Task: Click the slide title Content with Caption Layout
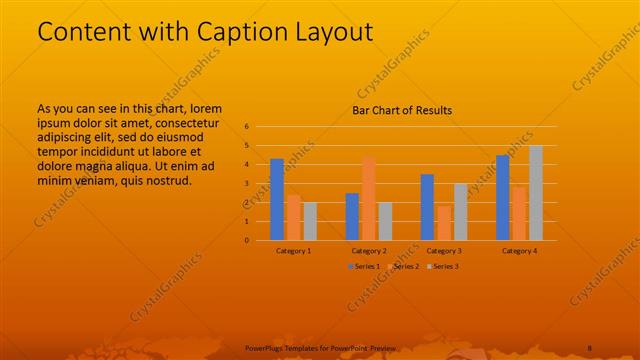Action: tap(205, 32)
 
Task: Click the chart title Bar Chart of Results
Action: tap(402, 110)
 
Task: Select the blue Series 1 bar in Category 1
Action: tap(277, 199)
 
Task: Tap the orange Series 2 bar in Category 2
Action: tap(368, 198)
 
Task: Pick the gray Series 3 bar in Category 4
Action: tap(535, 193)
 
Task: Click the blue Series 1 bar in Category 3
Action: tap(427, 207)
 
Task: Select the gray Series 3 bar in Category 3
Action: tap(460, 211)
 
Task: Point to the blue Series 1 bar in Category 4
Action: tap(503, 197)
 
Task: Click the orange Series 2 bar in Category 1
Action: tap(293, 217)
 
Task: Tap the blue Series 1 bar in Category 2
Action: tap(352, 216)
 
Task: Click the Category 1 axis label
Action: tap(293, 250)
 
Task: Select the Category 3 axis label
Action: tap(444, 250)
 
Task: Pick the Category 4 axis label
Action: tap(519, 250)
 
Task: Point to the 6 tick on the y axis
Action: tap(246, 127)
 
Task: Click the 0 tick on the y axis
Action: tap(246, 240)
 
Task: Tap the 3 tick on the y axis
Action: tap(246, 184)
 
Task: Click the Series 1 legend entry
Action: tap(362, 266)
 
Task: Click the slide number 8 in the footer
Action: tap(590, 346)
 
